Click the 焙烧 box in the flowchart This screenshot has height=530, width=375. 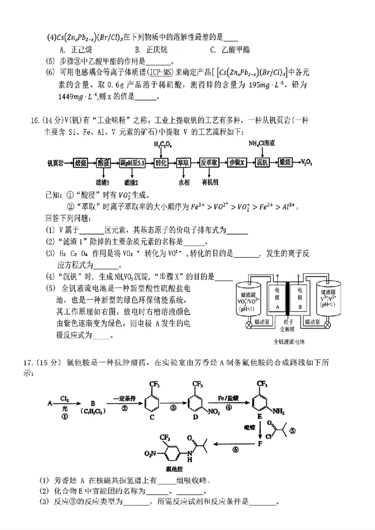(80, 162)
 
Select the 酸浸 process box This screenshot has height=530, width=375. (104, 162)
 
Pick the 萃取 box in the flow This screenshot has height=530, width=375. (183, 162)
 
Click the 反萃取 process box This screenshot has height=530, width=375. (210, 162)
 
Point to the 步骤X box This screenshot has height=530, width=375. (237, 162)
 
